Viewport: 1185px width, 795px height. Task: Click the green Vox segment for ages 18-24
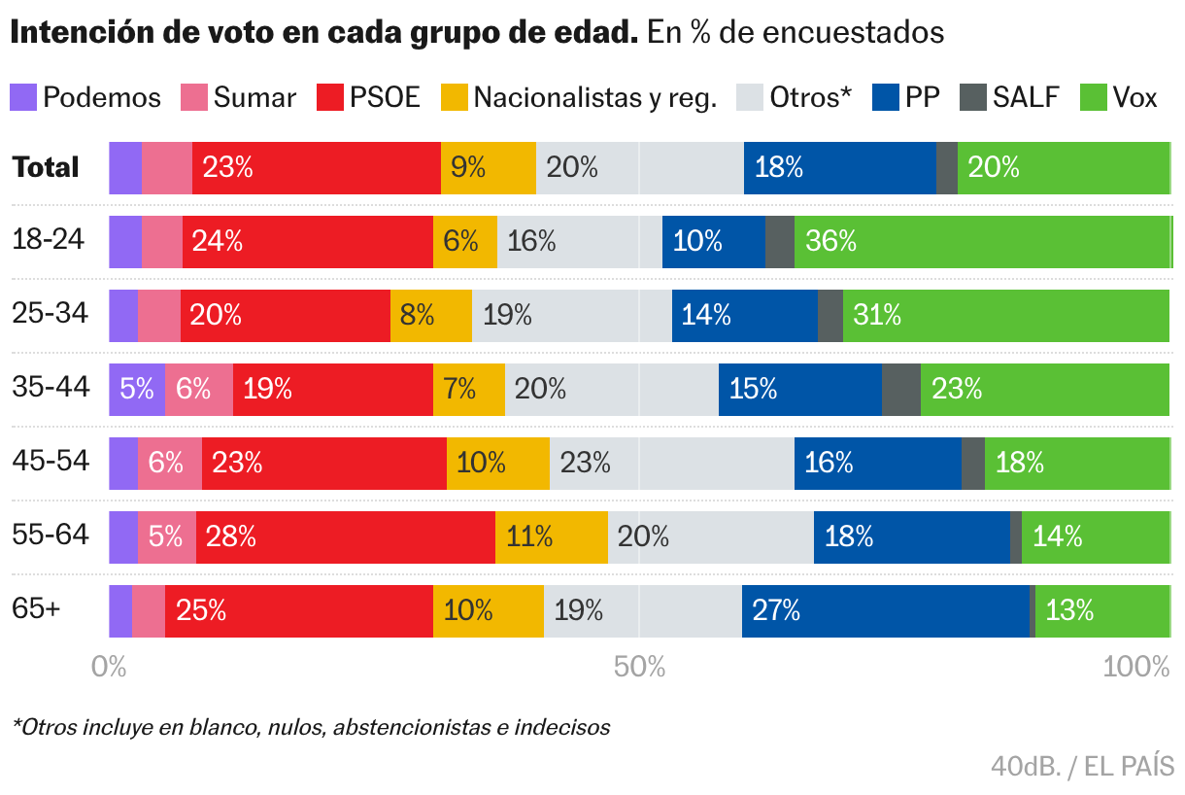[982, 242]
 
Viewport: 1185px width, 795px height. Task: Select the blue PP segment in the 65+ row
[885, 611]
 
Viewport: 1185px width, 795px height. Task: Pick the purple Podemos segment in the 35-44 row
[136, 390]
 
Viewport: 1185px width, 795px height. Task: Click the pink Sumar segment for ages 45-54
[169, 464]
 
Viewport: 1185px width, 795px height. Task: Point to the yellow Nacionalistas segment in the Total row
[488, 168]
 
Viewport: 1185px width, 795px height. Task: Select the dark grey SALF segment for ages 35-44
[900, 390]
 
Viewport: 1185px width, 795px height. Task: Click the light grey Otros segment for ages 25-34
[571, 316]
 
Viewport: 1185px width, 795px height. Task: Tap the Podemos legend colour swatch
[23, 97]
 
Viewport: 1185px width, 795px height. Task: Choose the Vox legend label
[1134, 97]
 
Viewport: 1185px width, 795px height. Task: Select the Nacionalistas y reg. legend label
[594, 97]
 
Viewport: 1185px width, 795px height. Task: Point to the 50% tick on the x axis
[639, 667]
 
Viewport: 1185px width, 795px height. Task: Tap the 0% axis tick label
[109, 667]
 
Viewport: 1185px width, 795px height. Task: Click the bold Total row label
[46, 167]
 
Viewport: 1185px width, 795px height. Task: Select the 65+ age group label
[36, 609]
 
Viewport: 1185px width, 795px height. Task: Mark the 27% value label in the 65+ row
[776, 611]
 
